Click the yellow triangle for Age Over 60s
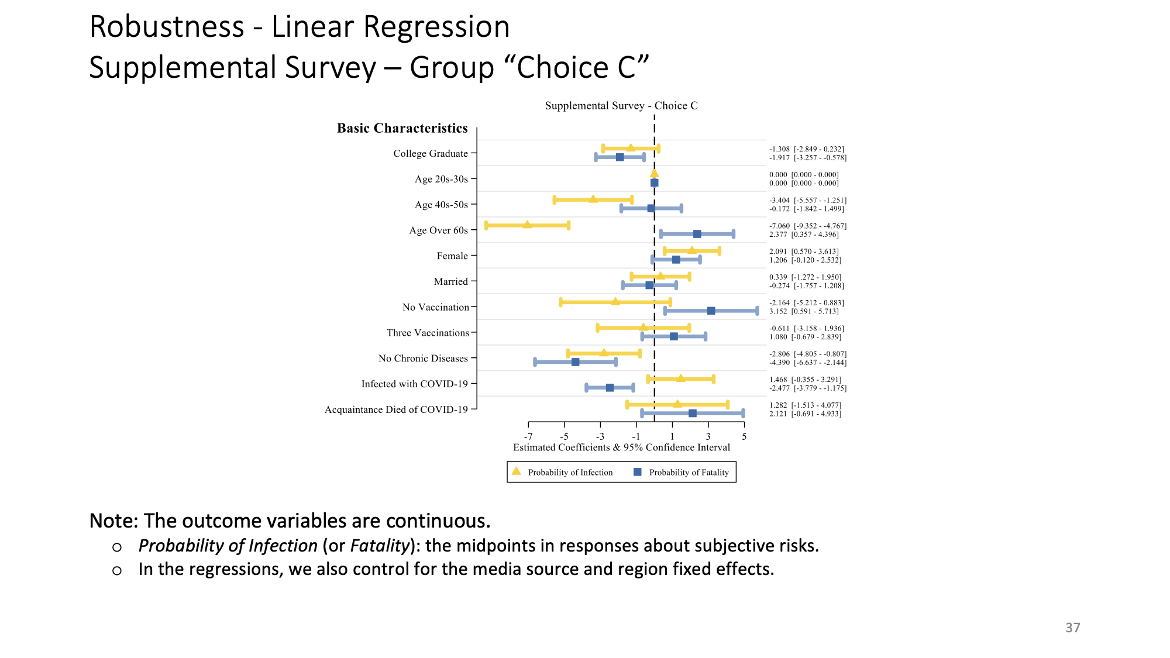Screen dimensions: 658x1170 click(x=527, y=225)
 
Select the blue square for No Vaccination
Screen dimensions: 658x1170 click(x=711, y=311)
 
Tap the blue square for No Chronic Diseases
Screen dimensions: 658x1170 click(x=575, y=362)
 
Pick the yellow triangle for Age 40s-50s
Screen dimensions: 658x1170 click(x=593, y=199)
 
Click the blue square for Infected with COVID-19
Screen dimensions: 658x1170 click(x=610, y=388)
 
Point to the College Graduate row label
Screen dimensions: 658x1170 click(x=431, y=153)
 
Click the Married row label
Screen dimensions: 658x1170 click(x=450, y=281)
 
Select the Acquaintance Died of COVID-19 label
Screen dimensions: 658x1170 click(x=396, y=409)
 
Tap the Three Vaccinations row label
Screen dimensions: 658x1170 click(x=428, y=333)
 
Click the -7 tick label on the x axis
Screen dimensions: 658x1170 click(x=528, y=436)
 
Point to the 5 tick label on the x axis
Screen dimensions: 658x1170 click(x=744, y=436)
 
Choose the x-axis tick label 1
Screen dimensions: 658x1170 click(x=672, y=436)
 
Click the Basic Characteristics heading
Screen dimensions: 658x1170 click(x=402, y=129)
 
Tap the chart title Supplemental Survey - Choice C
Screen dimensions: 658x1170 click(x=621, y=106)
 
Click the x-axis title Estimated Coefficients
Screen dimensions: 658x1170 click(x=621, y=447)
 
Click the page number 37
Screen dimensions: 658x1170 click(x=1072, y=628)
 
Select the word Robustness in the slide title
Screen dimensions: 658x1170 click(x=167, y=27)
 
